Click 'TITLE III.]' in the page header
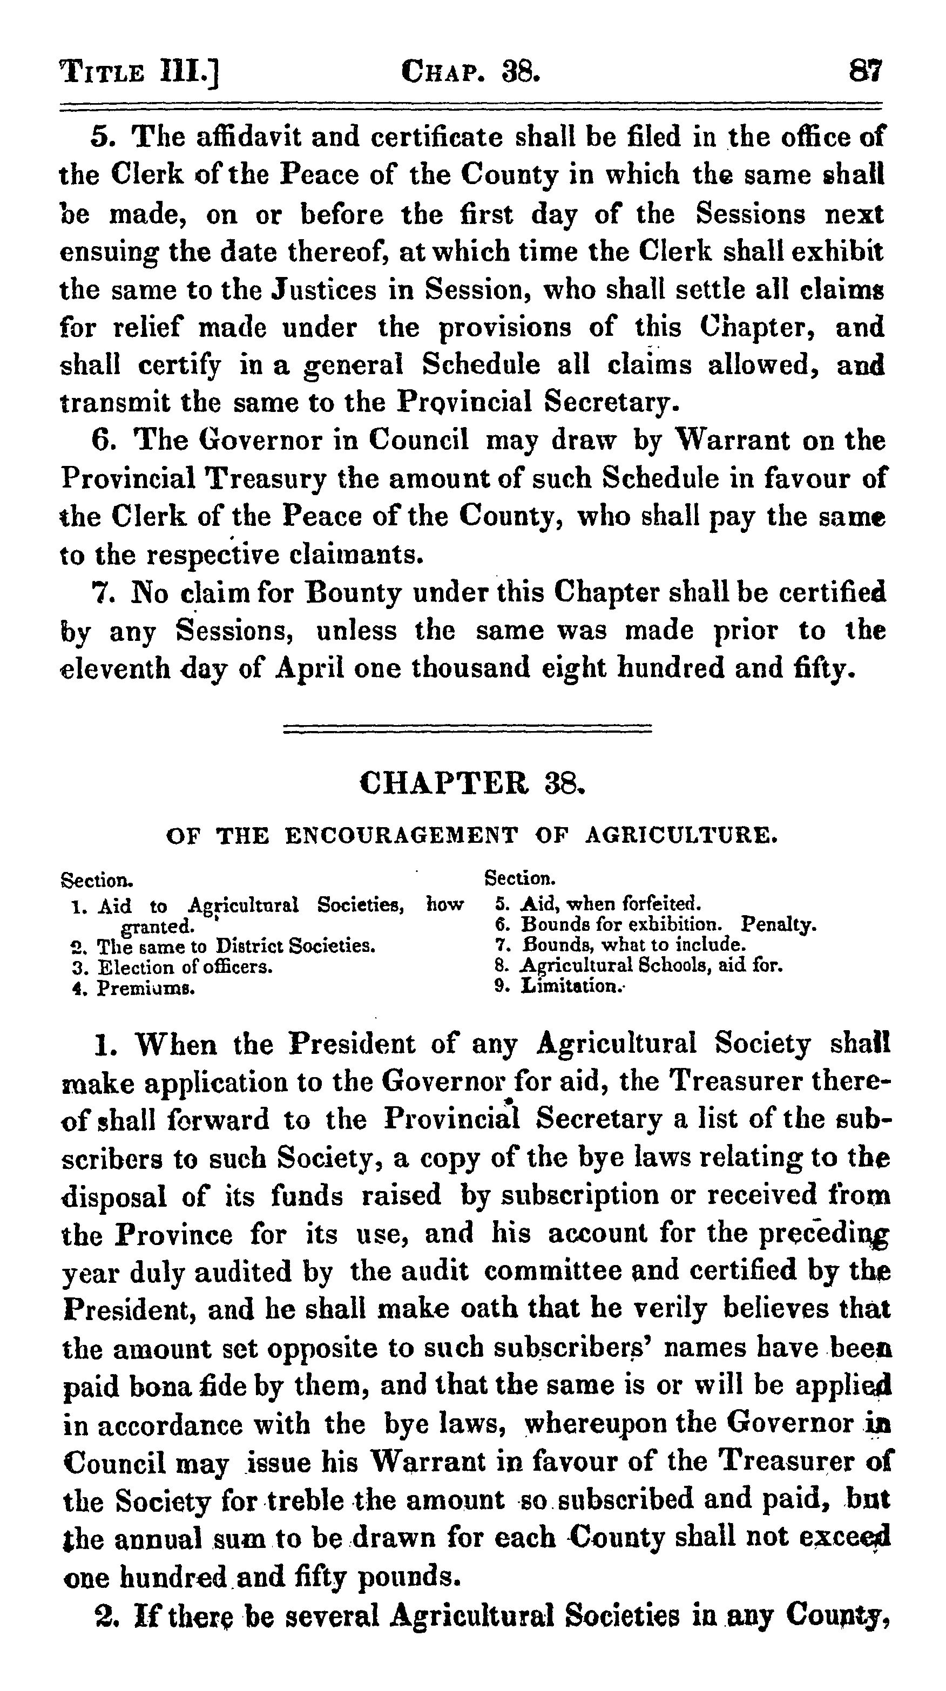click(139, 71)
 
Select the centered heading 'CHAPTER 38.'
click(472, 782)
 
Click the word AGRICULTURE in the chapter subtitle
click(681, 836)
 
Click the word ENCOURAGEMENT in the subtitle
click(401, 836)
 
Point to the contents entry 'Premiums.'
click(146, 988)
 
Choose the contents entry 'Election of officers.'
click(185, 967)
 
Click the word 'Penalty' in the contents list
click(778, 924)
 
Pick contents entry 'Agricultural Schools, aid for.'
click(652, 965)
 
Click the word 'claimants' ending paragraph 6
click(352, 556)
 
